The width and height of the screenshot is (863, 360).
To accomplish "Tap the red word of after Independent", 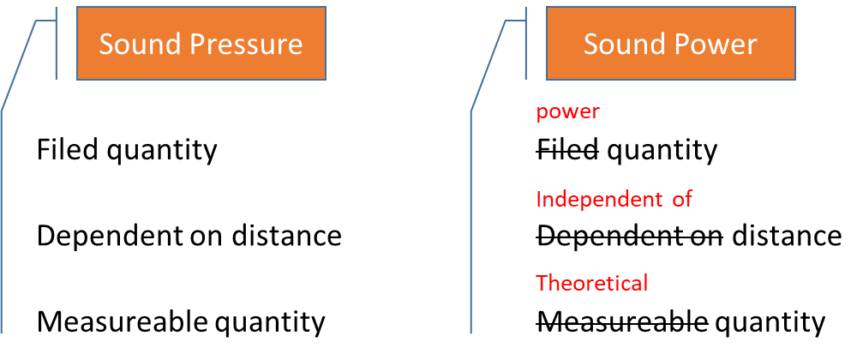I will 681,200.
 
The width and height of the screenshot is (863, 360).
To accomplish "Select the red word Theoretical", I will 591,283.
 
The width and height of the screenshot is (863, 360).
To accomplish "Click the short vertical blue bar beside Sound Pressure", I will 57,43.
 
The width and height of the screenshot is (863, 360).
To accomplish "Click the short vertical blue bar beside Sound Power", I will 526,43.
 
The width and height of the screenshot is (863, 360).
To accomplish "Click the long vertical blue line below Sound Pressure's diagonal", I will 2,223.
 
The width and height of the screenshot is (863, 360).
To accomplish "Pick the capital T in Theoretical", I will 541,283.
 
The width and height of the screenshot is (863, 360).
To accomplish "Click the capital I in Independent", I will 538,200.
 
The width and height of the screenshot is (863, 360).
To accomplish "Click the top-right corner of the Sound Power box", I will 794,8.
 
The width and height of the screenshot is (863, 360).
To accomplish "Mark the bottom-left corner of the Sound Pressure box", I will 78,80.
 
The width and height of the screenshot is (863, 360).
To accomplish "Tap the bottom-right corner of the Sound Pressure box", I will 325,80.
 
